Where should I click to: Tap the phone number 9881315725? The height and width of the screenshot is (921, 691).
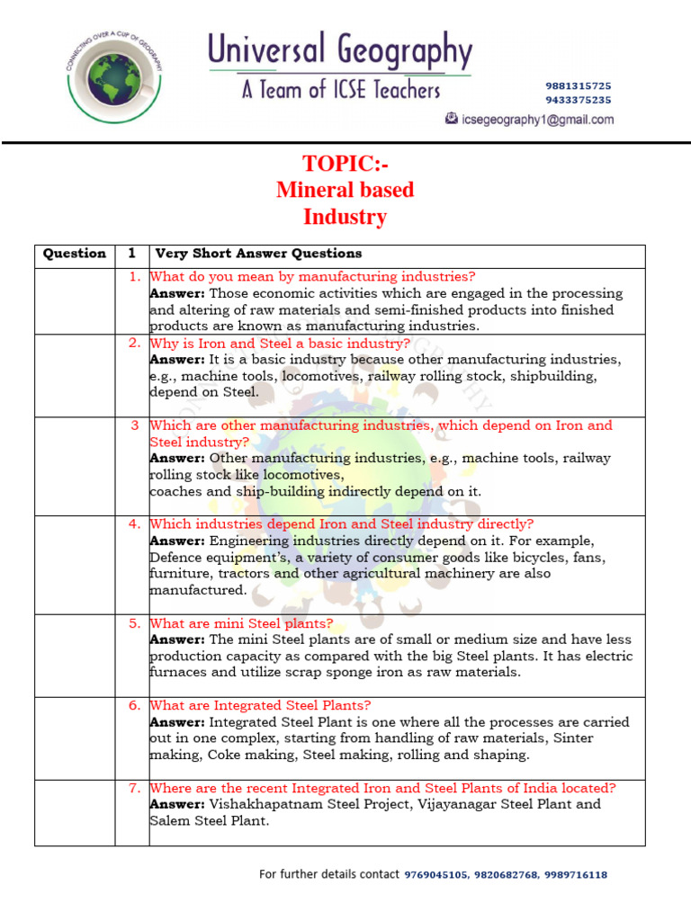[x=578, y=85]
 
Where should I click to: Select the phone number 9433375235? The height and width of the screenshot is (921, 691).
[x=578, y=100]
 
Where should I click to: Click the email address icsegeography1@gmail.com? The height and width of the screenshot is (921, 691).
[x=537, y=120]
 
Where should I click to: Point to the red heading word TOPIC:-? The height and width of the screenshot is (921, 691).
[x=345, y=164]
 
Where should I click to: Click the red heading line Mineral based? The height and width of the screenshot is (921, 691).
[x=345, y=190]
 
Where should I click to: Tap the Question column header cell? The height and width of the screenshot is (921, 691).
[x=75, y=254]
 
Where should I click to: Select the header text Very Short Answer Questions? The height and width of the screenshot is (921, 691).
[x=258, y=254]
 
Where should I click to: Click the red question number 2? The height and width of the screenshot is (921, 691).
[x=134, y=343]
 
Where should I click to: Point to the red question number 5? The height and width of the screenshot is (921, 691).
[x=134, y=622]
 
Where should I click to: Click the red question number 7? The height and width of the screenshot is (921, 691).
[x=134, y=788]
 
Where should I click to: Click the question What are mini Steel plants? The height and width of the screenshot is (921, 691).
[x=241, y=623]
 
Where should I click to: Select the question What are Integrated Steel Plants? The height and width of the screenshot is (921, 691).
[x=260, y=705]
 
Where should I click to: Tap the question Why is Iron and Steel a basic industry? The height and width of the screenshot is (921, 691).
[x=280, y=344]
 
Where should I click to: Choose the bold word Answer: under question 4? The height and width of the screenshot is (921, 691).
[x=177, y=541]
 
